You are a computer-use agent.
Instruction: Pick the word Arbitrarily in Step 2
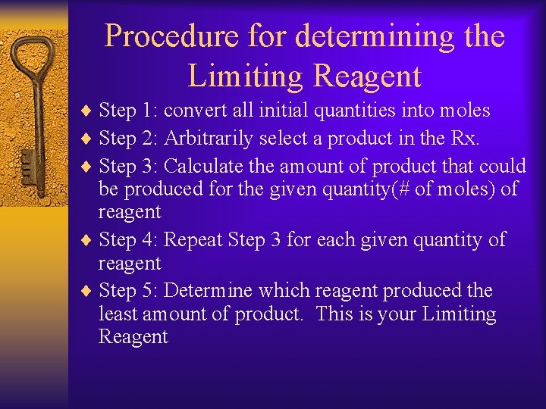[210, 138]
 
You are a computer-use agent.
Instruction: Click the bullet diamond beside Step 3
[89, 166]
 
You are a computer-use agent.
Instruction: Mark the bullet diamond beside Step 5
[89, 292]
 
